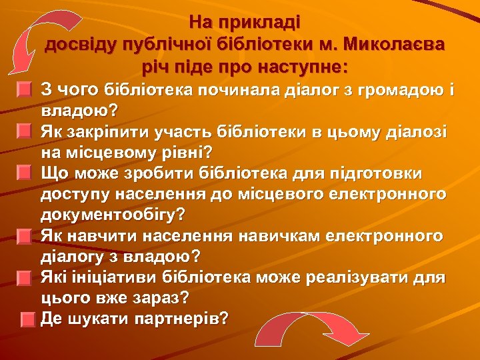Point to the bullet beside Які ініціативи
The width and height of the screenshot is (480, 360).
coord(24,278)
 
